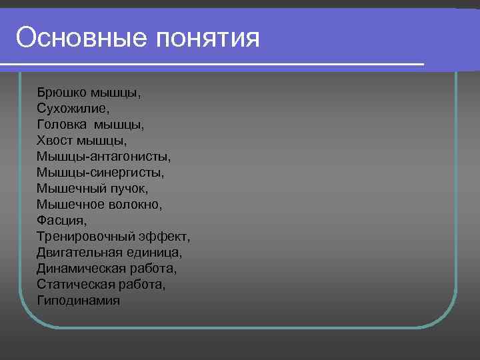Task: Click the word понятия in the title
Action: pos(207,38)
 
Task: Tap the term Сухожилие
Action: pos(73,108)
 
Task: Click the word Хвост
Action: pos(55,140)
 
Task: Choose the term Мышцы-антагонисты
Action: pos(104,156)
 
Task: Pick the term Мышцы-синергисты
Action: pos(101,172)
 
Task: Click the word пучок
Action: pos(134,188)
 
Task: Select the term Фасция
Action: pos(62,220)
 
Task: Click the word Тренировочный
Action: pos(86,236)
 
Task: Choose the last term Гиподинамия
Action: pos(79,300)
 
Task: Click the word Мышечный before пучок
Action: pos(70,188)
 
